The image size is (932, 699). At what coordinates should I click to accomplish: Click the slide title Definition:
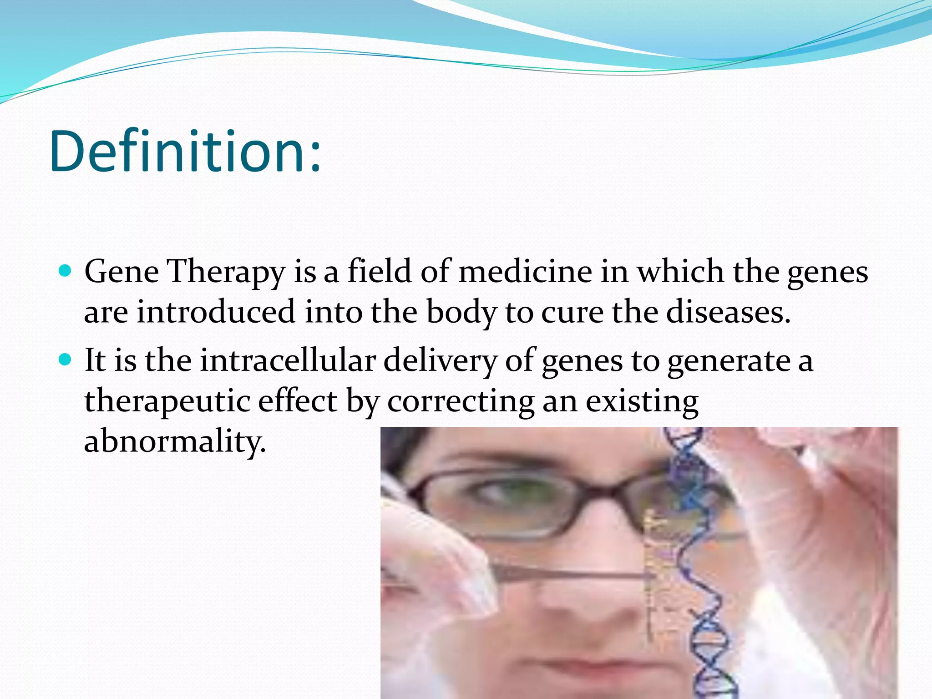tap(186, 152)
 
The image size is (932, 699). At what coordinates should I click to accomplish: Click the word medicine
tap(525, 272)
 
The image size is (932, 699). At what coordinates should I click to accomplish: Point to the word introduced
tap(216, 312)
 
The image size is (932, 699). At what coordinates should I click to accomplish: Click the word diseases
tap(728, 312)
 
